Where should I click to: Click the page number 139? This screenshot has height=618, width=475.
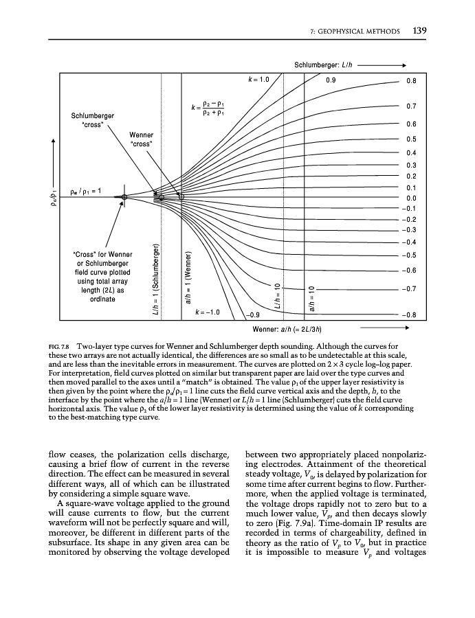pyautogui.click(x=421, y=30)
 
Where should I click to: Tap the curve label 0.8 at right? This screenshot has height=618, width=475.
pyautogui.click(x=411, y=80)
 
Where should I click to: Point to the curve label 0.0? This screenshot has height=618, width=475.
pyautogui.click(x=411, y=198)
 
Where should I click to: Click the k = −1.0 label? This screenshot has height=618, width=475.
pyautogui.click(x=207, y=312)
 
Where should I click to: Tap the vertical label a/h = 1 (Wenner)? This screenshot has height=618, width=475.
pyautogui.click(x=186, y=282)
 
